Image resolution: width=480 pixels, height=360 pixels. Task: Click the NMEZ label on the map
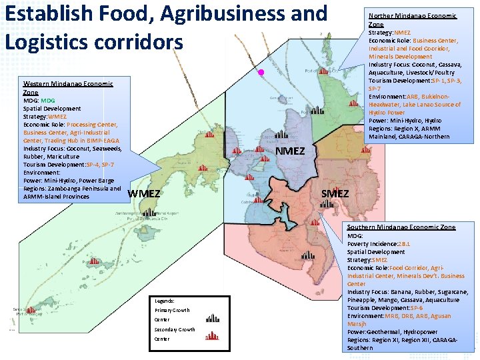(290, 151)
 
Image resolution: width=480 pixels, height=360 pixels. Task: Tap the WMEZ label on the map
(144, 193)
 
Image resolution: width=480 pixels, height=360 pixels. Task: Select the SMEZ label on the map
(335, 193)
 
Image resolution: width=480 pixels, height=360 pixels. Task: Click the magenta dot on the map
(261, 72)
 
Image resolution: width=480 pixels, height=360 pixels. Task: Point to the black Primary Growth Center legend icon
(213, 318)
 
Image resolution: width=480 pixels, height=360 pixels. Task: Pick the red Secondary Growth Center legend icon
(212, 337)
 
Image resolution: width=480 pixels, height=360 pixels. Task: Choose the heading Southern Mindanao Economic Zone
(401, 227)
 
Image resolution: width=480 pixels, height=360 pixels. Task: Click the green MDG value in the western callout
(48, 101)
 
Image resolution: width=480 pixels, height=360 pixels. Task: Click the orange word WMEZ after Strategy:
(57, 117)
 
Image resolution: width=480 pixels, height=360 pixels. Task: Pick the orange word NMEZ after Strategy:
(403, 32)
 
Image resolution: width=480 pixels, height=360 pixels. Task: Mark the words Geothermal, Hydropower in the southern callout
(401, 332)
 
